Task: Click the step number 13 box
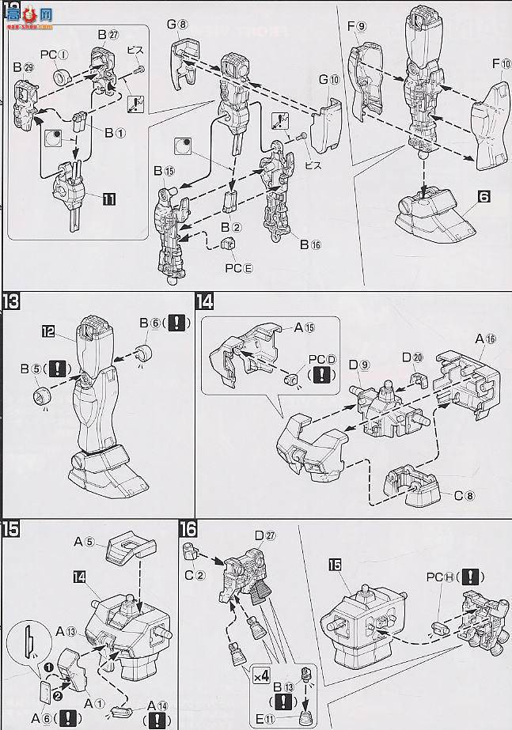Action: tap(13, 303)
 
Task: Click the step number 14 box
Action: tap(205, 303)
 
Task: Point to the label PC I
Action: tap(61, 55)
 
